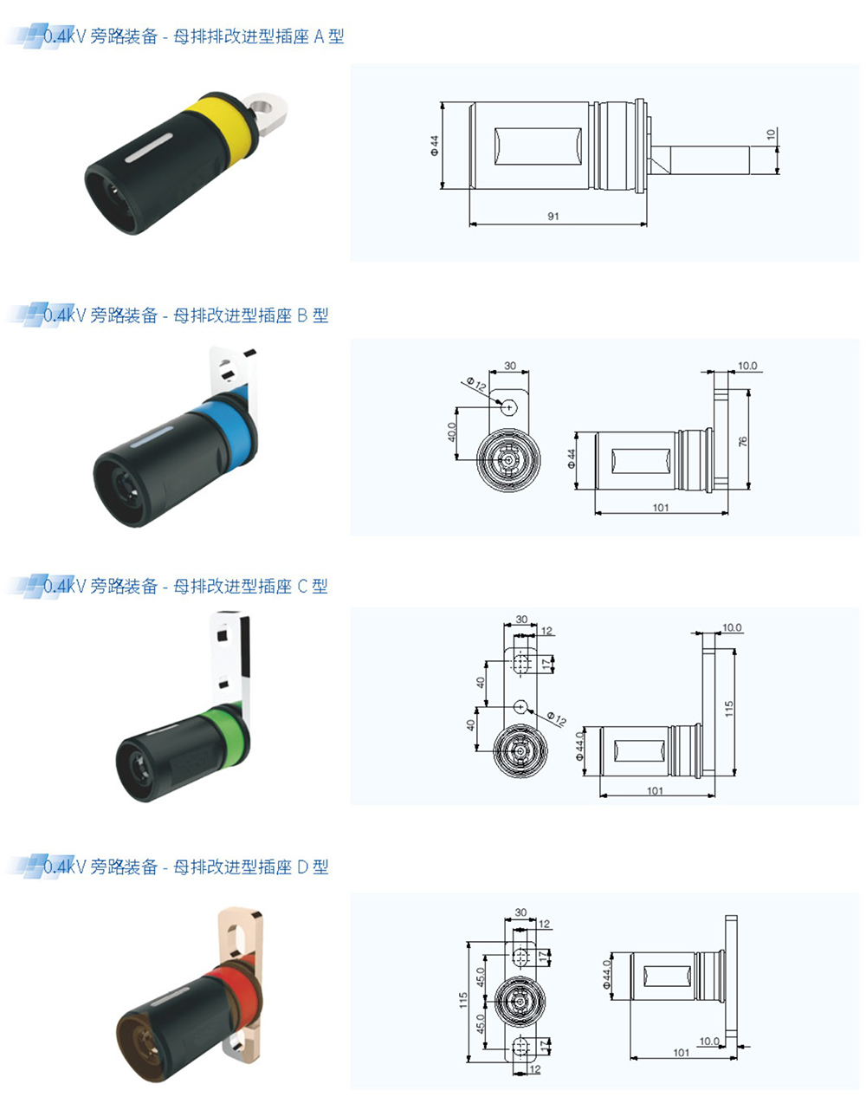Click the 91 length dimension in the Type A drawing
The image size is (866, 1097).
(x=553, y=216)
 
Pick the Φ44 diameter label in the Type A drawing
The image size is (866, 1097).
(x=435, y=146)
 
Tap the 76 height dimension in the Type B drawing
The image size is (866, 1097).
(x=743, y=441)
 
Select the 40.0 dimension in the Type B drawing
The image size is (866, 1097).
(x=452, y=432)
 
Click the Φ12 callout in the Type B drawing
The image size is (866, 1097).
(x=477, y=384)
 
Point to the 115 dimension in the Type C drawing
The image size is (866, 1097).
(x=729, y=709)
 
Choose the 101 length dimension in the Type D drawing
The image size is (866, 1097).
(x=682, y=1053)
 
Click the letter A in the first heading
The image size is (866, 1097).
(x=320, y=36)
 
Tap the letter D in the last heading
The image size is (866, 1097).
(x=302, y=867)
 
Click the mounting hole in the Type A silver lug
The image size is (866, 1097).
(x=264, y=106)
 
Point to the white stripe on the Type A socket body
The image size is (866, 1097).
(x=149, y=148)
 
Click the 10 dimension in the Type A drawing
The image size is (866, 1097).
(x=771, y=134)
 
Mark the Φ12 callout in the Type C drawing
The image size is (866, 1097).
(x=556, y=718)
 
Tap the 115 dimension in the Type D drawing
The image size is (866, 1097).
(x=463, y=1000)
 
